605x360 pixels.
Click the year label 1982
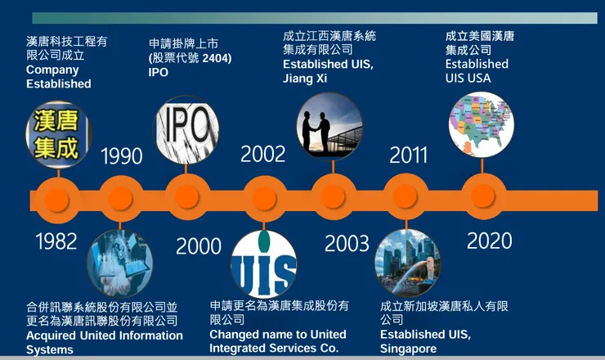(x=56, y=241)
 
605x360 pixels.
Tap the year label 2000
(x=199, y=245)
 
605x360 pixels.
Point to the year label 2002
(x=263, y=154)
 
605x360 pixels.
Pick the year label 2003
(x=347, y=243)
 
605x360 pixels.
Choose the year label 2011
(x=409, y=155)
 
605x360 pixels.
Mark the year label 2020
(x=490, y=241)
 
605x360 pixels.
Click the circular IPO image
(x=186, y=128)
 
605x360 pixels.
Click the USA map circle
(x=482, y=123)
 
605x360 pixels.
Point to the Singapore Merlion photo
(x=407, y=263)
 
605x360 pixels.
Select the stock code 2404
(x=213, y=58)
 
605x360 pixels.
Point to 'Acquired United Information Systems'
(x=104, y=342)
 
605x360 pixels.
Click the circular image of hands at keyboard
(x=119, y=262)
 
